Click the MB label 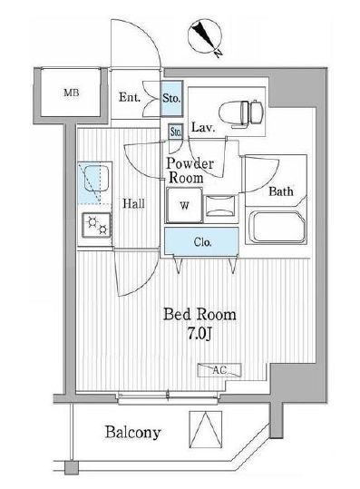(x=72, y=93)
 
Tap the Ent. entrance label (x=130, y=97)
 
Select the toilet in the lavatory (x=240, y=113)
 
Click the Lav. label (x=203, y=127)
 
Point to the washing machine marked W (x=184, y=205)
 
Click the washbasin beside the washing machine (x=220, y=206)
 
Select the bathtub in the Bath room (x=278, y=227)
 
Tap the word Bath (x=281, y=191)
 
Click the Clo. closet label (x=202, y=242)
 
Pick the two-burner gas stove (x=96, y=225)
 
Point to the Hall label (x=133, y=203)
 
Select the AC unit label (x=219, y=370)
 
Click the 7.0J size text (x=199, y=334)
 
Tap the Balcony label (x=133, y=433)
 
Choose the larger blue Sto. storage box (x=171, y=99)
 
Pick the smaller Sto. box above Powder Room (x=176, y=132)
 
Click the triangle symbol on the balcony (x=206, y=430)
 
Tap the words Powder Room (x=190, y=171)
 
